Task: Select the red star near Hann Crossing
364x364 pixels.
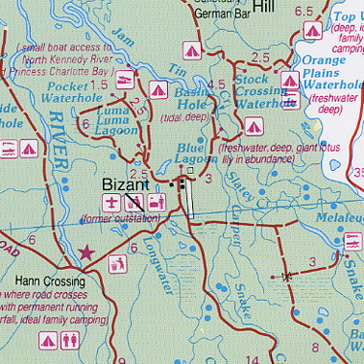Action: point(86,252)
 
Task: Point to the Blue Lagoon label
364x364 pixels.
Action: point(197,153)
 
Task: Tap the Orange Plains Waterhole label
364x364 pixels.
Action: point(330,77)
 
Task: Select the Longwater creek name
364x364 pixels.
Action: point(155,267)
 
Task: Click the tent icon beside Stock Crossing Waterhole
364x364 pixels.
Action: point(253,124)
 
